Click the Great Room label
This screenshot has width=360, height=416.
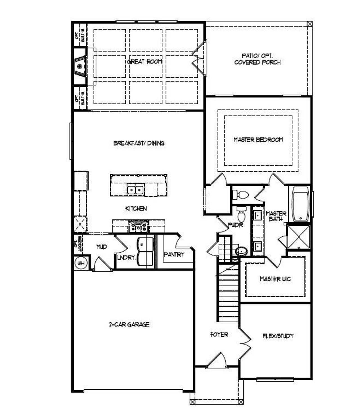[x=145, y=62]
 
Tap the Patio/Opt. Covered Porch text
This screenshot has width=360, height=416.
[x=257, y=59]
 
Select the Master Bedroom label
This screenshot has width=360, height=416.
[x=258, y=140]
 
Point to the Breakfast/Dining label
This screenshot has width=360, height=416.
[x=139, y=143]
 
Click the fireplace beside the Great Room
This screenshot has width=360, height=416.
[x=80, y=66]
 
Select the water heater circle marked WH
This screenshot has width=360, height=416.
[x=81, y=263]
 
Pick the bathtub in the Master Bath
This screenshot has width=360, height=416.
[x=301, y=204]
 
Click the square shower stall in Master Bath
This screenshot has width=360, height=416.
[x=298, y=237]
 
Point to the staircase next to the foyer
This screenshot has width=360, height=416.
[x=228, y=293]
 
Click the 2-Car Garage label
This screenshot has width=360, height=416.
[x=129, y=324]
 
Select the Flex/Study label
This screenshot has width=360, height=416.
[x=278, y=336]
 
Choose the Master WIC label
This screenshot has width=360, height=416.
[x=275, y=279]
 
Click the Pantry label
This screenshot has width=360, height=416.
[x=174, y=254]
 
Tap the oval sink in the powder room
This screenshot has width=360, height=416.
[x=241, y=251]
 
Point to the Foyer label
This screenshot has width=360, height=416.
[x=219, y=334]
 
